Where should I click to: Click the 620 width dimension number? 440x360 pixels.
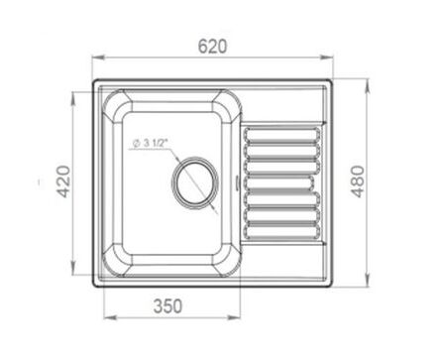coord(212,47)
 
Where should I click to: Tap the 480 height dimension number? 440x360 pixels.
coord(357,181)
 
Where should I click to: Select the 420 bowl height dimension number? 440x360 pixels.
coord(62,181)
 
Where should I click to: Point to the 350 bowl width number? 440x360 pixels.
coord(167,306)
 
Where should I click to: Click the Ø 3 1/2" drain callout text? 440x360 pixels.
coord(151,143)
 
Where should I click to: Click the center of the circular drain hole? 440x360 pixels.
coord(195,181)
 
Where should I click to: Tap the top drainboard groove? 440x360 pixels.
coord(282,136)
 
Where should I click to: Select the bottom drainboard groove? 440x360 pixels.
coord(282,231)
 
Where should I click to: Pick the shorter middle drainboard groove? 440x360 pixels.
coord(279,183)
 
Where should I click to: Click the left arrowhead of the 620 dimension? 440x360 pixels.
coord(98,58)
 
